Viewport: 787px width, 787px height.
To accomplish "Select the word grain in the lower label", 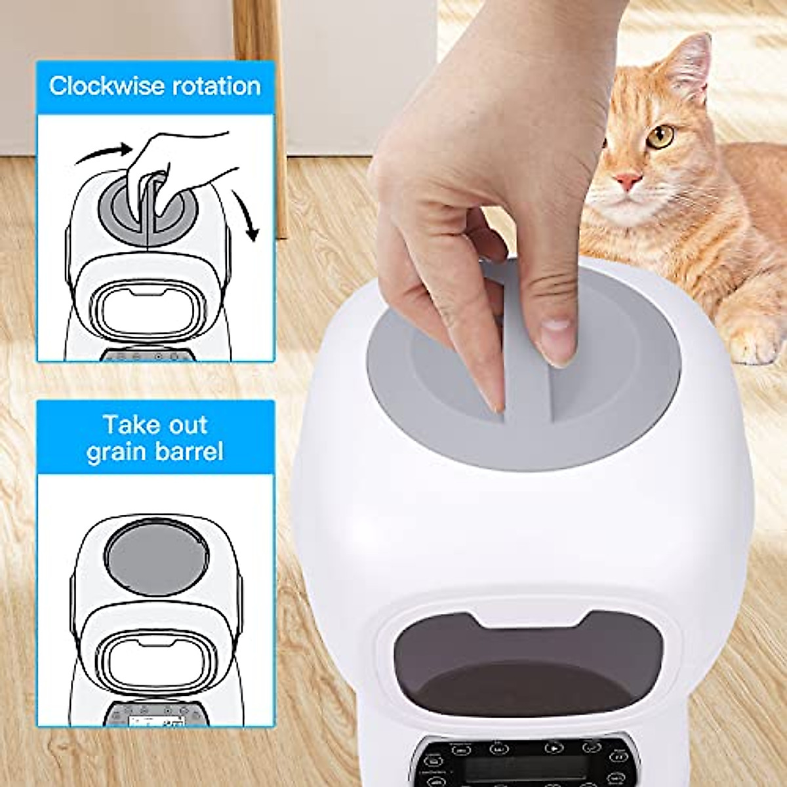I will tap(117, 452).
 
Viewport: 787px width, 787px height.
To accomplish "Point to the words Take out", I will tap(155, 425).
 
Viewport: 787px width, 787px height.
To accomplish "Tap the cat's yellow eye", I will tap(662, 136).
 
